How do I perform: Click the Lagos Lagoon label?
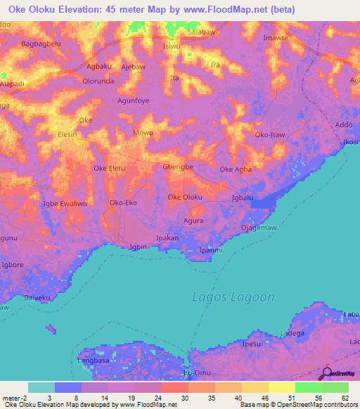(233, 297)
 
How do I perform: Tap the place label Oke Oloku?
(185, 197)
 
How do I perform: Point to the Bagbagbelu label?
(43, 44)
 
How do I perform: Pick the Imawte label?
(275, 38)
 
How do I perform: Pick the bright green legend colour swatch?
(308, 387)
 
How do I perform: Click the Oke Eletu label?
(109, 169)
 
